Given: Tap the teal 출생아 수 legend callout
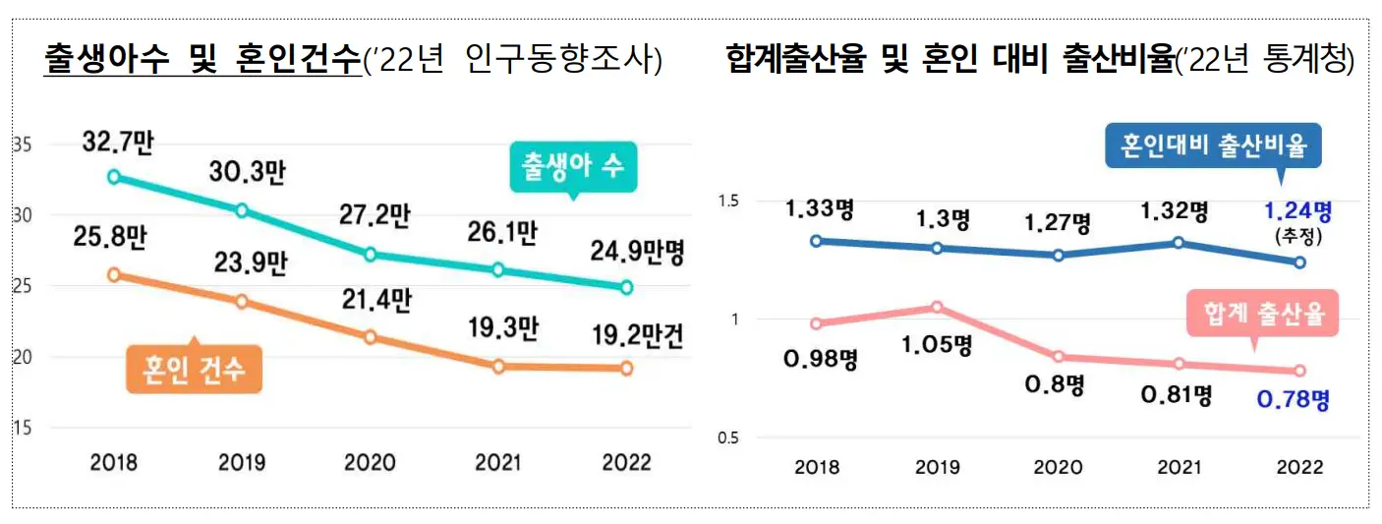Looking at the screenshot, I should tap(573, 166).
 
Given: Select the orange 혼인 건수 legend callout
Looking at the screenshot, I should tap(195, 372).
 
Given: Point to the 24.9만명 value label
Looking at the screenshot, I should tap(637, 253).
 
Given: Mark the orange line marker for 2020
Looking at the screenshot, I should tap(371, 337).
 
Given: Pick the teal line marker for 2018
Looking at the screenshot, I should tap(114, 177).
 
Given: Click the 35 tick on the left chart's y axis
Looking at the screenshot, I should tap(22, 146).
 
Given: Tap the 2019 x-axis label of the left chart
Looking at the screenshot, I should tap(242, 462).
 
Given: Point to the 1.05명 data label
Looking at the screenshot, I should tap(937, 345).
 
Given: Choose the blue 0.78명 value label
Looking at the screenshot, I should tap(1294, 400).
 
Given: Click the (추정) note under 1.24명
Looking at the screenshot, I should tap(1299, 237).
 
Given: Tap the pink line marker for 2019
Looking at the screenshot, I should tap(937, 307).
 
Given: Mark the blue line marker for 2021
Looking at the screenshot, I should tap(1178, 243).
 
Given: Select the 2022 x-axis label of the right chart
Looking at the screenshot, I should tap(1299, 468).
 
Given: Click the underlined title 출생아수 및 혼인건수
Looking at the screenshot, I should tap(202, 60).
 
